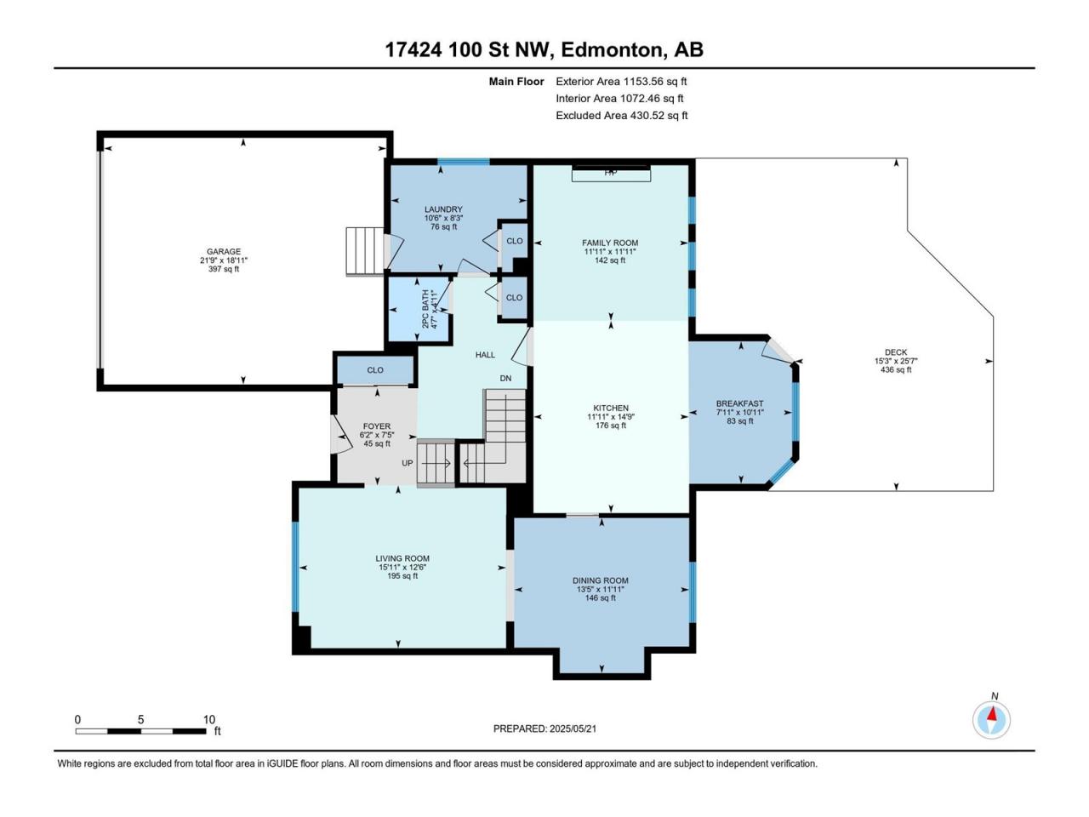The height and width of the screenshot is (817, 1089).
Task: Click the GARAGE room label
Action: [x=224, y=252]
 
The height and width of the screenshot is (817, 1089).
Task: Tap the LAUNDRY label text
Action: [x=443, y=209]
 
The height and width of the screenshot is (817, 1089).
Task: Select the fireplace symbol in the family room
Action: [x=611, y=173]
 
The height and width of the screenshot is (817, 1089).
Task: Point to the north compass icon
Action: [x=991, y=719]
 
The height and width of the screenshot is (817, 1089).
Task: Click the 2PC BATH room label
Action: [x=425, y=309]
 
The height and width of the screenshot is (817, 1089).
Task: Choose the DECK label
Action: [x=896, y=352]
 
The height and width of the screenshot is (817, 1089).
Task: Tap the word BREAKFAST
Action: [x=739, y=403]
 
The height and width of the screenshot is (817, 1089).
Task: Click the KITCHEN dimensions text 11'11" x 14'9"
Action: [x=611, y=417]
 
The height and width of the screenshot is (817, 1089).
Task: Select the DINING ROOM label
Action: [x=601, y=580]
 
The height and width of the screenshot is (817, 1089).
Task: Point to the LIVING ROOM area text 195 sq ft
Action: [x=402, y=576]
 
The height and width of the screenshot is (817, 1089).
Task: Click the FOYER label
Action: [x=377, y=426]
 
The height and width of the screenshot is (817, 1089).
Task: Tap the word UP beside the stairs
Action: [x=408, y=463]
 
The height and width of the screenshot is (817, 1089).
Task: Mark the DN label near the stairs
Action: [x=505, y=378]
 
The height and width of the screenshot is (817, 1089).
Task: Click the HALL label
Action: [x=485, y=355]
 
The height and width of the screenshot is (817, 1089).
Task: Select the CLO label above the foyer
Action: [x=375, y=370]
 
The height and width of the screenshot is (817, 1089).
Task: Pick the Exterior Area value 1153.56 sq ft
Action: [x=655, y=82]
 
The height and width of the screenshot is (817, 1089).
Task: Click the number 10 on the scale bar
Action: [x=209, y=719]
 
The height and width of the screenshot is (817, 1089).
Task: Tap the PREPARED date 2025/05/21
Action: [x=573, y=728]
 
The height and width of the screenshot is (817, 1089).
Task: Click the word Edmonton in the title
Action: [x=613, y=50]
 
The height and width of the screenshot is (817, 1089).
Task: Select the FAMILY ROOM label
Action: [x=610, y=243]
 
